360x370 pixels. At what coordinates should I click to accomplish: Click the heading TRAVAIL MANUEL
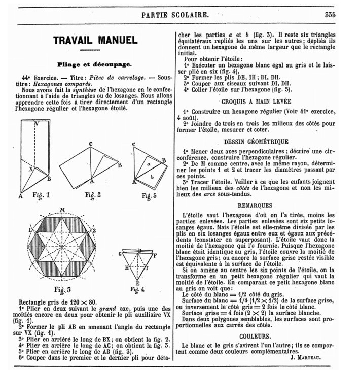click(x=95, y=40)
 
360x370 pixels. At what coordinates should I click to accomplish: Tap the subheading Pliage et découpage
click(x=95, y=64)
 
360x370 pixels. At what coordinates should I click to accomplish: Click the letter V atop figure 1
click(x=36, y=124)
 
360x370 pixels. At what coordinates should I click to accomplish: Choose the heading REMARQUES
click(x=256, y=205)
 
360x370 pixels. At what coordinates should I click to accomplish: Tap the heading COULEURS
click(x=257, y=336)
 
